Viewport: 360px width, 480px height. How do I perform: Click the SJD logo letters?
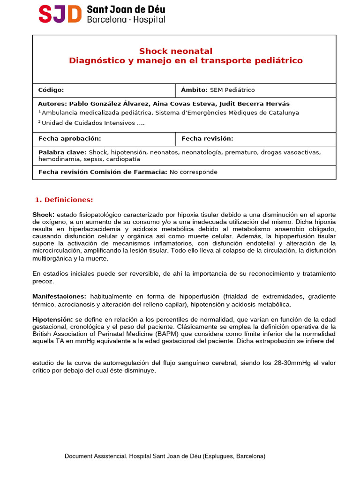coord(60,14)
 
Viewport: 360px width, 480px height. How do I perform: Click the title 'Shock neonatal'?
coord(175,51)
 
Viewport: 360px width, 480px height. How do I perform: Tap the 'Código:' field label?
coord(51,90)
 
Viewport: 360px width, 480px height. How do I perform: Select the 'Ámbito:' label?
coord(194,90)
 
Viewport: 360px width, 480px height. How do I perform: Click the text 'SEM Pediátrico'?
coord(232,90)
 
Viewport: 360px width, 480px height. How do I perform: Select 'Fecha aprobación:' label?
coord(69,139)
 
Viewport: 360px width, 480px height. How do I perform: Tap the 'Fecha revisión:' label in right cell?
coord(207,139)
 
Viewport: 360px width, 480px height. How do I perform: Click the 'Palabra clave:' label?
coord(62,152)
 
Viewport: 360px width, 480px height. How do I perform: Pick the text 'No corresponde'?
coord(193,172)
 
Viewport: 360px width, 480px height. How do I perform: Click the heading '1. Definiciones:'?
coord(64,200)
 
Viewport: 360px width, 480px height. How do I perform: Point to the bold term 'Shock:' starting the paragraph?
coord(43,215)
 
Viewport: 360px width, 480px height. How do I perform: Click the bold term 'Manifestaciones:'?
coord(59,296)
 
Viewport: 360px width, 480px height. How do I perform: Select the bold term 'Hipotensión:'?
coord(52,319)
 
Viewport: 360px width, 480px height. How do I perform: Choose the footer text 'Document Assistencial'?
coord(95,456)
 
